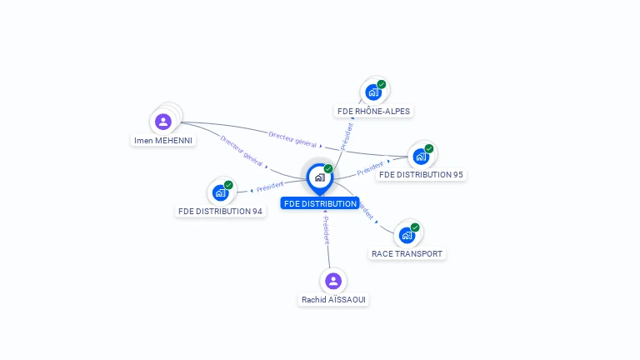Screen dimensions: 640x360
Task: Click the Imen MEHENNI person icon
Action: [163, 122]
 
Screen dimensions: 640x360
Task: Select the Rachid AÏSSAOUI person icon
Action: [333, 281]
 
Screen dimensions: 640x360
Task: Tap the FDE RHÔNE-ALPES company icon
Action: [373, 92]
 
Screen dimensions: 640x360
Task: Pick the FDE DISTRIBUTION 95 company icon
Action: [421, 157]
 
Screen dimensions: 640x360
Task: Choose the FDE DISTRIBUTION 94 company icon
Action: [220, 192]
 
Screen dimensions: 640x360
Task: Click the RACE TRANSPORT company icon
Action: [407, 236]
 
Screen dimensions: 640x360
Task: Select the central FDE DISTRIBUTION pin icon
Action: [320, 179]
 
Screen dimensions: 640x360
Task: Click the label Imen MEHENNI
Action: [163, 140]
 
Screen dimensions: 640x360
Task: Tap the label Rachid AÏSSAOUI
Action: [333, 300]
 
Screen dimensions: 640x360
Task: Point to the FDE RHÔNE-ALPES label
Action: [373, 112]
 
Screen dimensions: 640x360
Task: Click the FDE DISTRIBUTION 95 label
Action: [421, 175]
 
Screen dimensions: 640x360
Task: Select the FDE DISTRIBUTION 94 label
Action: [220, 212]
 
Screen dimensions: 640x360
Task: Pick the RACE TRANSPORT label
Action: [407, 254]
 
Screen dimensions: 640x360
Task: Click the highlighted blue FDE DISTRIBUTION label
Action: [320, 203]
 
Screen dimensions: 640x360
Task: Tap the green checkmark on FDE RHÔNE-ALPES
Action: [382, 84]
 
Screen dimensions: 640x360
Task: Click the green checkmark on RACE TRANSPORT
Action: [415, 227]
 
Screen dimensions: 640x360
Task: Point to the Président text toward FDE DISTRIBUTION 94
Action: [270, 187]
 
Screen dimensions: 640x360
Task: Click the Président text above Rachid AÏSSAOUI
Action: [326, 230]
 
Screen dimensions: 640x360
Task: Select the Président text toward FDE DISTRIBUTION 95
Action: [370, 168]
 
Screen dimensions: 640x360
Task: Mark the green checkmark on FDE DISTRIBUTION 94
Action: [228, 185]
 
